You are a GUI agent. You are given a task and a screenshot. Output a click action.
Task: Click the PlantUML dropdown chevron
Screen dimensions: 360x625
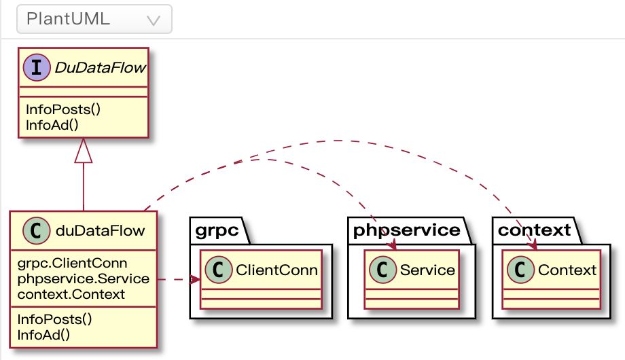(154, 20)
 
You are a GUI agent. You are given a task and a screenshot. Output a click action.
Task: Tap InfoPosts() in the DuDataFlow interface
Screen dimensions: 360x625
(58, 109)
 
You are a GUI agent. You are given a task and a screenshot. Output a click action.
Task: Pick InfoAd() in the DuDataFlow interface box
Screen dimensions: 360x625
(48, 123)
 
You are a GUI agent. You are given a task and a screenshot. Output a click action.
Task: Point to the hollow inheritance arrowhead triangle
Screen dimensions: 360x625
(84, 151)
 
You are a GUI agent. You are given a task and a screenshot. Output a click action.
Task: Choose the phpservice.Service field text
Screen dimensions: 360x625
(83, 279)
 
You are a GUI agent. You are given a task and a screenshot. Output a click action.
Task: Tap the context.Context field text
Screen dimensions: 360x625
(71, 294)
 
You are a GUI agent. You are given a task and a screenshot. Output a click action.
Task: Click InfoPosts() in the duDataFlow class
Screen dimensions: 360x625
(54, 319)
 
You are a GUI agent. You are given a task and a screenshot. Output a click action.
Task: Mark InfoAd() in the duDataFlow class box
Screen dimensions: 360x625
(44, 334)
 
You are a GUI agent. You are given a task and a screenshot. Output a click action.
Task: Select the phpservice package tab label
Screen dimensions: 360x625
(406, 230)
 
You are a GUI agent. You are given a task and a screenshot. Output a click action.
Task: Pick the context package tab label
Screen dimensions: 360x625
(534, 230)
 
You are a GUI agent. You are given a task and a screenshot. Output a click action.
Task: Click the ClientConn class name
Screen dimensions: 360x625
(276, 270)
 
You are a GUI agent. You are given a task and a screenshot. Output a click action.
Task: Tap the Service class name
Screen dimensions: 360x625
(427, 270)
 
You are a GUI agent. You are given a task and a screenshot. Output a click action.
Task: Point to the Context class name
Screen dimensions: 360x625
(567, 270)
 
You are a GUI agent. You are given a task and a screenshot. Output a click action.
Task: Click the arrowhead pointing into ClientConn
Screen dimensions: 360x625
(196, 279)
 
